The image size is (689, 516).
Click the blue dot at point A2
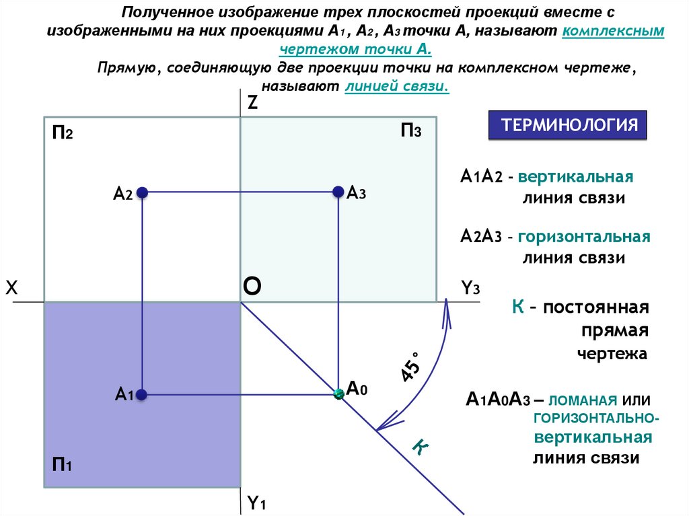click(x=142, y=193)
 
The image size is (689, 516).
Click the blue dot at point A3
click(x=338, y=193)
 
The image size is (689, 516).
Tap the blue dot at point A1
click(x=142, y=395)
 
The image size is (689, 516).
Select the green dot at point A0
click(x=338, y=394)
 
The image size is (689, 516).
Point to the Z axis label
click(x=252, y=103)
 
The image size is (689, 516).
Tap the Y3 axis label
click(x=470, y=289)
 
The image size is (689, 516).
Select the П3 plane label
click(x=410, y=131)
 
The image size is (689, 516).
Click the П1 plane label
click(x=62, y=464)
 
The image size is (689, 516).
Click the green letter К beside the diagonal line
click(x=420, y=447)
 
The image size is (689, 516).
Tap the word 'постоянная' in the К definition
click(x=596, y=308)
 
